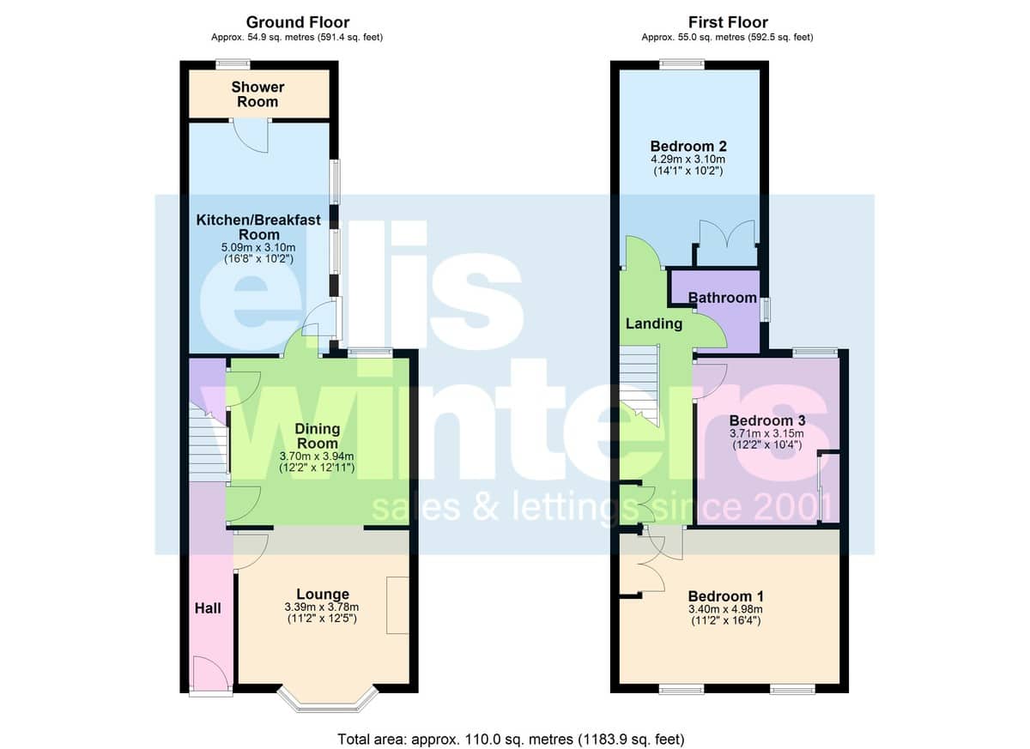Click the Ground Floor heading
[298, 22]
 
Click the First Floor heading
[728, 22]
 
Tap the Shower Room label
[257, 94]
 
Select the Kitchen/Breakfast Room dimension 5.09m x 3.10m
[258, 248]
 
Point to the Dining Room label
[318, 436]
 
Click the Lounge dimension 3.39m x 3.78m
[322, 607]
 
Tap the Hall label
[208, 608]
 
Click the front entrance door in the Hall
[210, 673]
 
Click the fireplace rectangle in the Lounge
[397, 606]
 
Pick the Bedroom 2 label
[688, 146]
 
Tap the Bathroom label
[723, 298]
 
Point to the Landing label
[654, 323]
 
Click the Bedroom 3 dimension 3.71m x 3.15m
[766, 433]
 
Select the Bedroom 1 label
[725, 596]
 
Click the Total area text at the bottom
[511, 740]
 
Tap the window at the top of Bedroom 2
[682, 64]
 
